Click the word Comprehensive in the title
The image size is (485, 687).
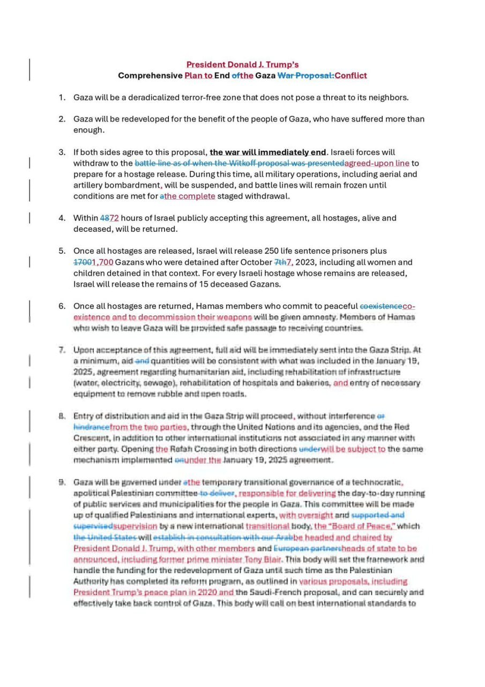[150, 75]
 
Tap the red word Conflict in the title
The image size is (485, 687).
[350, 75]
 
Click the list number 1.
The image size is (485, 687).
[62, 98]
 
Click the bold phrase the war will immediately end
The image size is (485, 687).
[268, 152]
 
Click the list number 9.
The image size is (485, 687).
[62, 483]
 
